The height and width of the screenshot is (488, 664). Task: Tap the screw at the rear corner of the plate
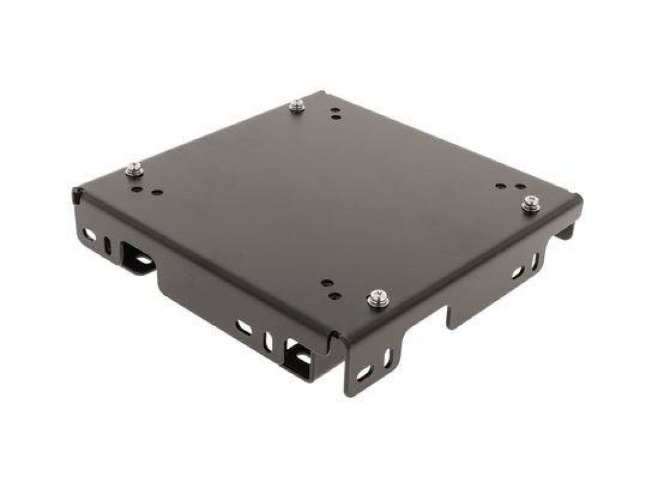pos(298,106)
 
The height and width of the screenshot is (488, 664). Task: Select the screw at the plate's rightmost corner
pos(531,204)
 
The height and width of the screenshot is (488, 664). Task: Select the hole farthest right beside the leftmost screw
pos(159,192)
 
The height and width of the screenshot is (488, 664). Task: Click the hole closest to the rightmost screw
pos(520,186)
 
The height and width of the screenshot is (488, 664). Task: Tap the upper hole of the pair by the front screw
pos(326,284)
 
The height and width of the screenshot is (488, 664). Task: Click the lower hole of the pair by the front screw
pos(334,296)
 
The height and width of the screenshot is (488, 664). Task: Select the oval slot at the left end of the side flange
pos(90,234)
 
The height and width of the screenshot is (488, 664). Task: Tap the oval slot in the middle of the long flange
pos(244,327)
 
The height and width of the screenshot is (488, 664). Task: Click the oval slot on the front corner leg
pos(365,372)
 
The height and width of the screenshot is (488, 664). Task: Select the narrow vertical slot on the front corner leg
pos(387,357)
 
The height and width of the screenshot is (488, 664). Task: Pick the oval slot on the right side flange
pos(518,271)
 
